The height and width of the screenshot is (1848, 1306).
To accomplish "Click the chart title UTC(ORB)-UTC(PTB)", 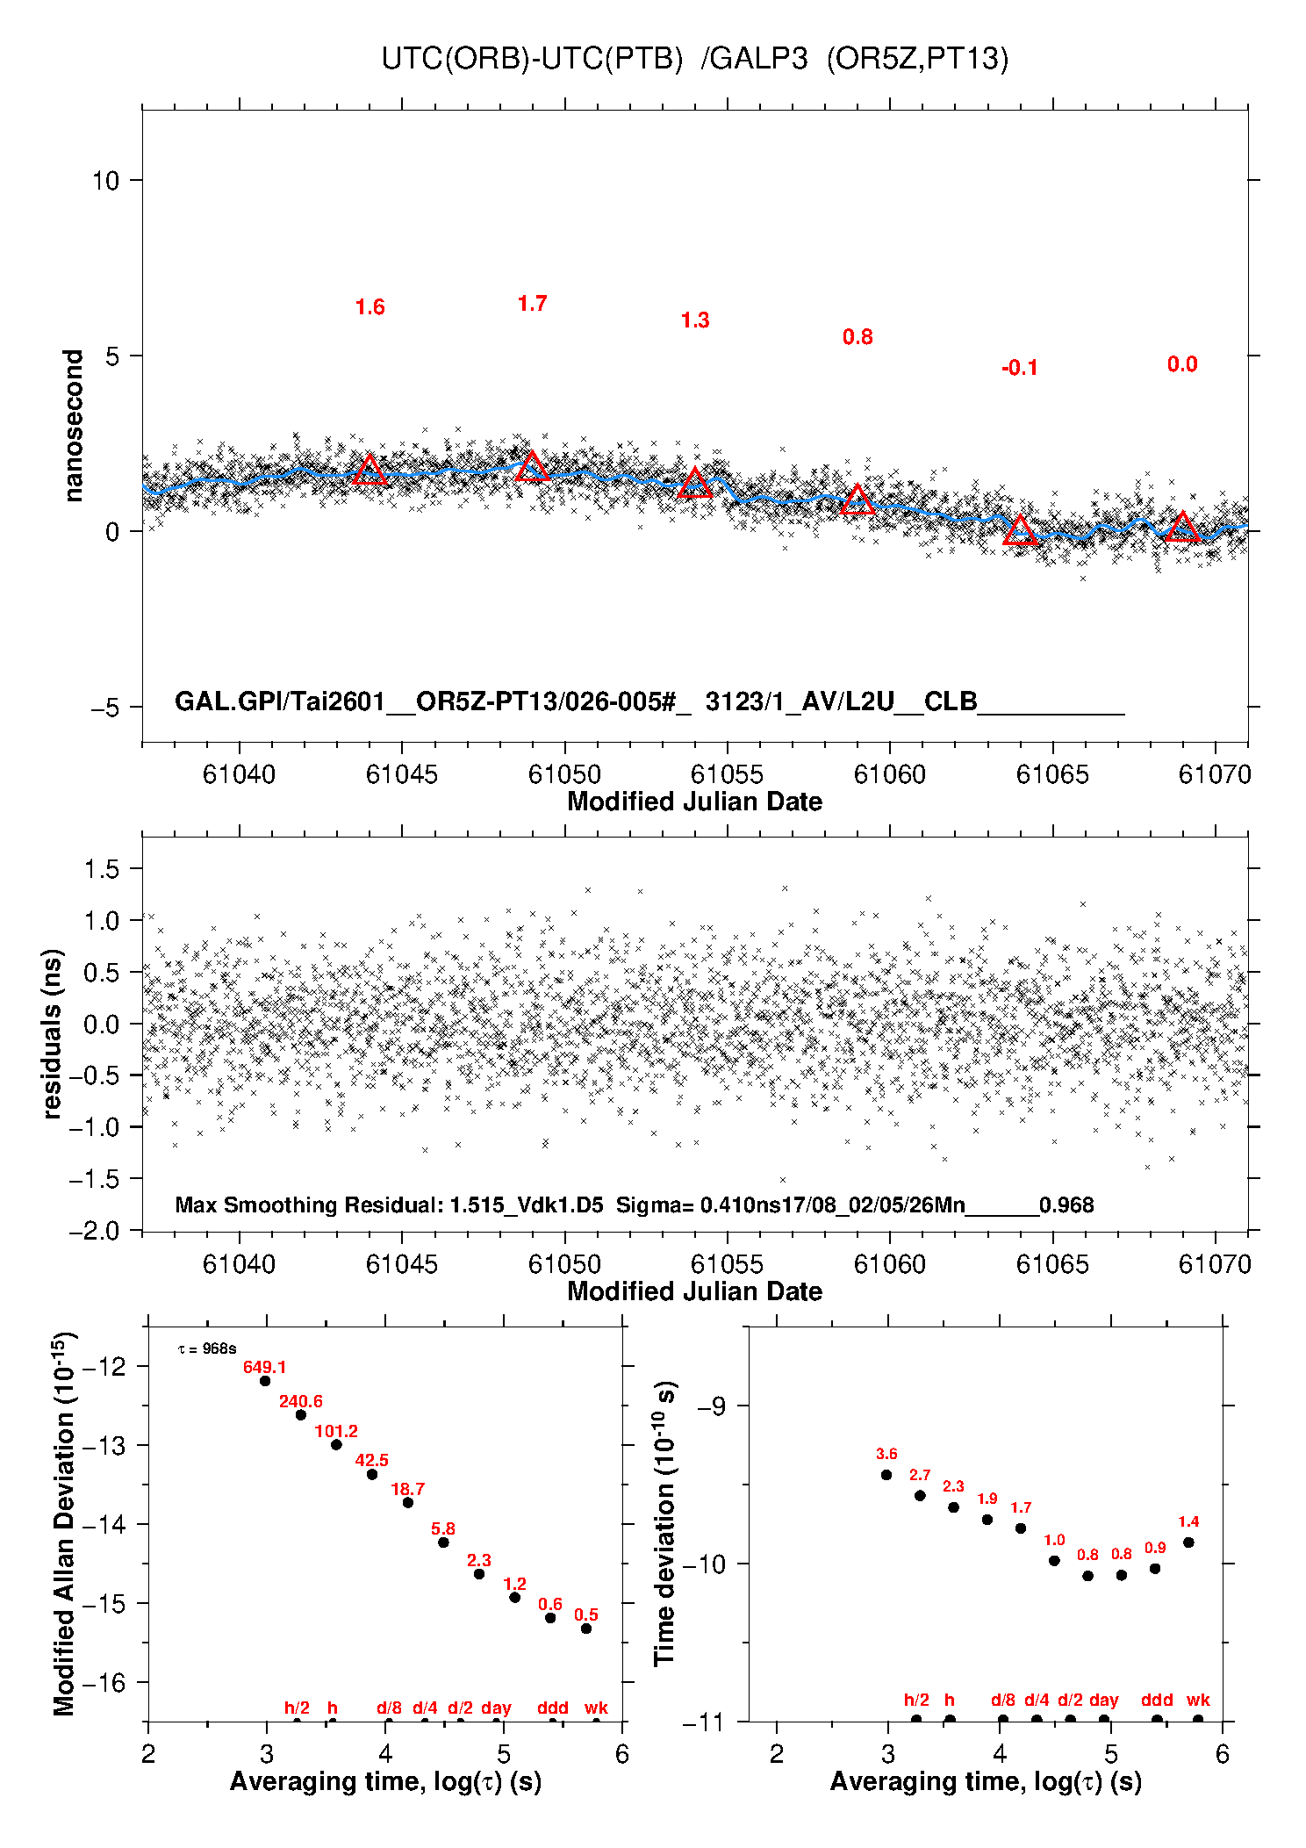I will (x=531, y=59).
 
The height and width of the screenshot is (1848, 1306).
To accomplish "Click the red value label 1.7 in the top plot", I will (x=532, y=304).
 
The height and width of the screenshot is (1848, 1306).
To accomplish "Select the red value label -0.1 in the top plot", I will (x=1019, y=369).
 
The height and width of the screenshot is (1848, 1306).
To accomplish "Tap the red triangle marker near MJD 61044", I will (x=370, y=471).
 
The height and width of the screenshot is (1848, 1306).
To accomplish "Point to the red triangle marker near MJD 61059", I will (x=858, y=500).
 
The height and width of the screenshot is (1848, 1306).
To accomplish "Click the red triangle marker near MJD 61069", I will (x=1182, y=528).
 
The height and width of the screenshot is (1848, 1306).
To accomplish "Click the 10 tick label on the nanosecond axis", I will (x=105, y=181).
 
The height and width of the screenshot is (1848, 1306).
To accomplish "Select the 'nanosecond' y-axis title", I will (x=73, y=426).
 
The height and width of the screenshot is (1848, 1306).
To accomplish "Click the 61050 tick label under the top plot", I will (x=564, y=774).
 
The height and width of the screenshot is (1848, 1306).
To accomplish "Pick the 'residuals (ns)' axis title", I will (x=53, y=1033).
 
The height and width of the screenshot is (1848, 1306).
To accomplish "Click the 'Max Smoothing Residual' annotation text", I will (x=307, y=1204).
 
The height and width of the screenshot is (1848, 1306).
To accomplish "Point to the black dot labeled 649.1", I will (x=265, y=1381).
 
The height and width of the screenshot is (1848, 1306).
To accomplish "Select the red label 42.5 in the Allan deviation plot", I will (x=371, y=1460).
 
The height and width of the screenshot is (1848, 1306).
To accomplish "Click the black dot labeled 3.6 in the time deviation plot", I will (x=886, y=1475).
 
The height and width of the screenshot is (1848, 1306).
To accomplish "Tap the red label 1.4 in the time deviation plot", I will (x=1188, y=1521).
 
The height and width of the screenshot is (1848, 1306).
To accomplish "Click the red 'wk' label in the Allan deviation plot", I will (x=596, y=1708).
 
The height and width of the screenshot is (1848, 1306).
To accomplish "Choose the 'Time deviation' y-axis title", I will (x=665, y=1524).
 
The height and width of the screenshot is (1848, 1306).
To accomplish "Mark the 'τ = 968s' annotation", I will (x=206, y=1348).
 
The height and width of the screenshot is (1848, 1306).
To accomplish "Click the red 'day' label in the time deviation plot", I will (x=1103, y=1700).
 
